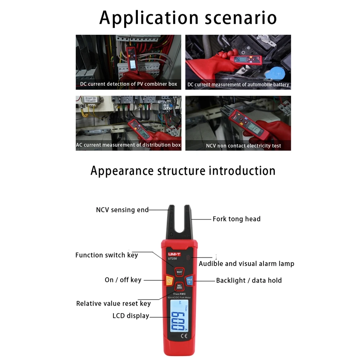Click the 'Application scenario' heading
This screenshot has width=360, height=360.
click(188, 18)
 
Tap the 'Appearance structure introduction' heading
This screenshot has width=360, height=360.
click(183, 170)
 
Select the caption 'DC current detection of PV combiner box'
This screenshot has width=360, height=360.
click(129, 84)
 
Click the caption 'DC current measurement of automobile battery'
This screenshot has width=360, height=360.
click(238, 85)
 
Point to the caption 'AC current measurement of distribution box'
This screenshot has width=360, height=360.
click(129, 145)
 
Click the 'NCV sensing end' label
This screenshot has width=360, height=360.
click(122, 210)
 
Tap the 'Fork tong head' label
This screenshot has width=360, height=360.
click(236, 219)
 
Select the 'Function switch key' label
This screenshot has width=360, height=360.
click(107, 255)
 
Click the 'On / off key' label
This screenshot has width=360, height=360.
click(123, 280)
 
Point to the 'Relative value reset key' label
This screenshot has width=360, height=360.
click(113, 303)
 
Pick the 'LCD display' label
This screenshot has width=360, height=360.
click(131, 316)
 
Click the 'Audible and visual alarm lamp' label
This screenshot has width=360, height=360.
click(247, 264)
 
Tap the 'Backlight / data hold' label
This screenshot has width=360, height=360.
click(249, 280)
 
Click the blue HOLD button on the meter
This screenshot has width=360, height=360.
click(189, 280)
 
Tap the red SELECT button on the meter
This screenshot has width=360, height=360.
click(179, 272)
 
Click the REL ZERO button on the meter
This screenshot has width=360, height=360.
click(179, 287)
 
